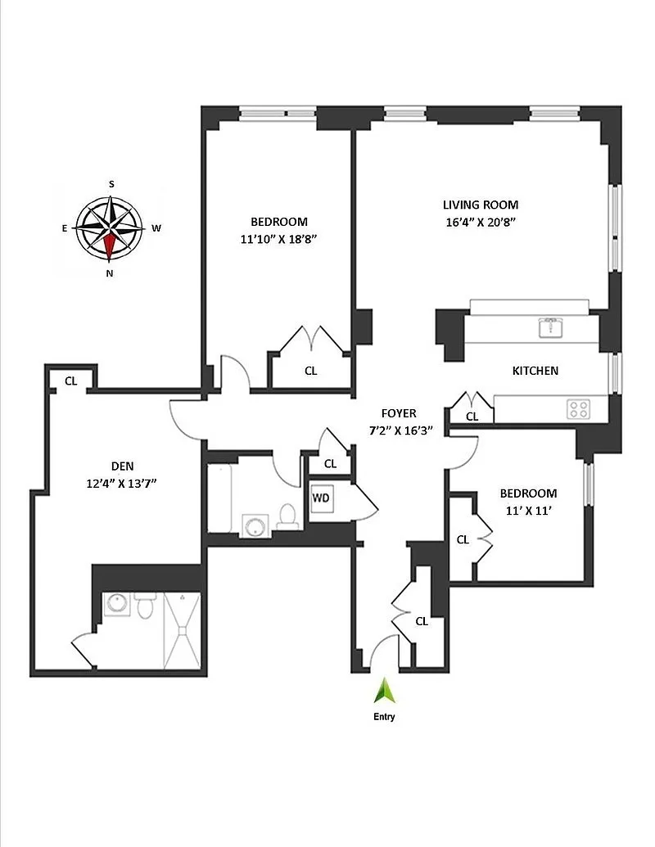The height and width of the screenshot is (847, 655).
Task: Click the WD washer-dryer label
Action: (320, 497)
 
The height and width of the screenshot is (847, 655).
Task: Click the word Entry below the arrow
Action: (384, 718)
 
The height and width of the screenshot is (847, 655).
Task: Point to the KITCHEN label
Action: (535, 371)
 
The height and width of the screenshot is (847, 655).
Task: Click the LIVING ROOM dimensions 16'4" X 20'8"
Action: (481, 222)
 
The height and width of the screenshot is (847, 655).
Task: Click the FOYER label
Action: (399, 413)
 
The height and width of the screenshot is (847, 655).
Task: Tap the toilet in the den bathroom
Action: (145, 606)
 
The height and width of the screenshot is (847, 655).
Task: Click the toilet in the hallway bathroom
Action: (287, 516)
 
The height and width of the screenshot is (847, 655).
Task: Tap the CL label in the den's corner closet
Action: (71, 381)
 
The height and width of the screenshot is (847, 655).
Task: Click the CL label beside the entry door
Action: (422, 621)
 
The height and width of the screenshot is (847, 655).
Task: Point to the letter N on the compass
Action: (110, 274)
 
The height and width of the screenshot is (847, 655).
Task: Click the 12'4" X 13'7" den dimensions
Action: (121, 483)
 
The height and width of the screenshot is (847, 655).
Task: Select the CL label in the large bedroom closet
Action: (310, 371)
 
